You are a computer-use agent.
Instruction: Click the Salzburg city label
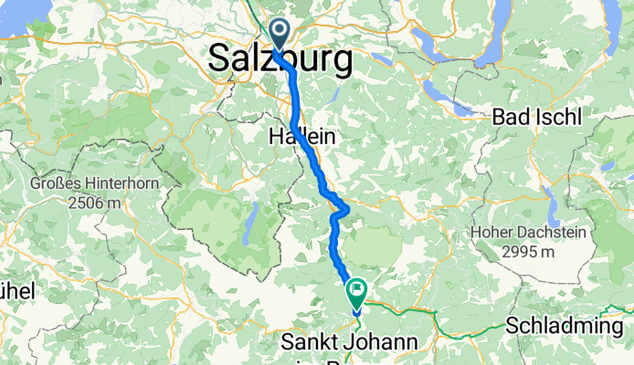pos(280,60)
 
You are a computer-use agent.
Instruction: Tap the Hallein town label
pos(301,137)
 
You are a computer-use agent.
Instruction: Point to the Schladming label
pos(566,326)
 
